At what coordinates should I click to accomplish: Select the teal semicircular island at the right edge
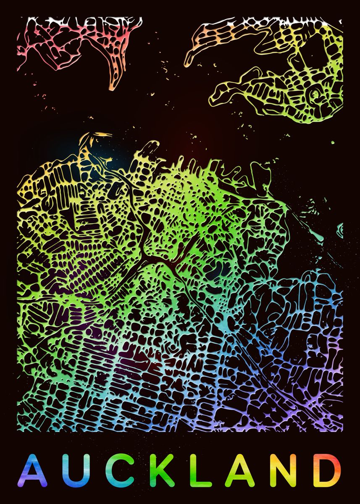(340, 230)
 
